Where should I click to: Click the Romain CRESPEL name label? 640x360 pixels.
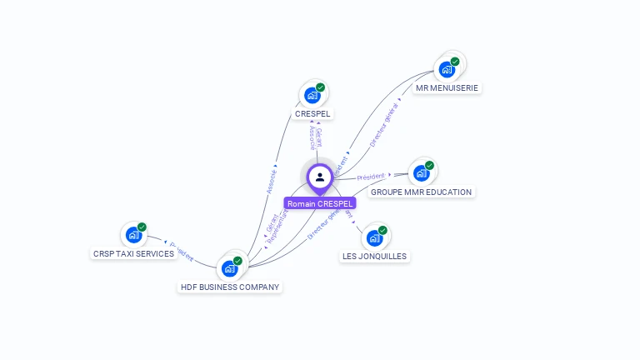[320, 203]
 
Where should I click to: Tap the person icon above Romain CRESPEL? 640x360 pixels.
[320, 177]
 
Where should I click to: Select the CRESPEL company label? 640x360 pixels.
[312, 113]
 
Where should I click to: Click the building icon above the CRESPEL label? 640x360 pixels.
[312, 95]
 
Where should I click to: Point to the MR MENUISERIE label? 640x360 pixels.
[448, 87]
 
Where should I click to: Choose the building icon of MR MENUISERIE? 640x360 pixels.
[447, 69]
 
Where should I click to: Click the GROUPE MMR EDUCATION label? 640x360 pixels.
[421, 192]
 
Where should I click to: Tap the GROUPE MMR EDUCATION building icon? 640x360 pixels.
[421, 173]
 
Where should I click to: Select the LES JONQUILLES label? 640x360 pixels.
[374, 256]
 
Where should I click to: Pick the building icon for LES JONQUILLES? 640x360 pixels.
[374, 237]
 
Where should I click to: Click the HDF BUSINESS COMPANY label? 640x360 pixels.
[231, 287]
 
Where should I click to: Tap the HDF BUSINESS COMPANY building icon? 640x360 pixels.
[229, 268]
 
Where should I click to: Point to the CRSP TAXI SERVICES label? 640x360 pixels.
[133, 253]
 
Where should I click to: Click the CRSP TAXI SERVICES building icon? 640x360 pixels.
[133, 235]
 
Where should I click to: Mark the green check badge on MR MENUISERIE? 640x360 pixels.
[455, 62]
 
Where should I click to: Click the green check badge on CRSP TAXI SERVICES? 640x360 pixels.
[142, 227]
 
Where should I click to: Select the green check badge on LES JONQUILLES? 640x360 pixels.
[382, 230]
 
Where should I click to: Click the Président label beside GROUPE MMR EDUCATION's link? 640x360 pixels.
[370, 177]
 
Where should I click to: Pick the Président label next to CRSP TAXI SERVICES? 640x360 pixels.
[182, 251]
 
